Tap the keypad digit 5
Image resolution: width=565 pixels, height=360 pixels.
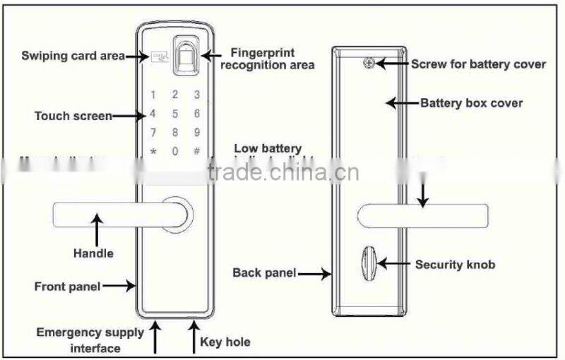pos(174,114)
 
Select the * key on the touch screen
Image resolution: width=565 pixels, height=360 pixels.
pos(153,151)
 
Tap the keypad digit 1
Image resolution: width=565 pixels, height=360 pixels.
pos(153,95)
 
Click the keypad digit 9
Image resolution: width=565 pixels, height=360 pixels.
pos(197,132)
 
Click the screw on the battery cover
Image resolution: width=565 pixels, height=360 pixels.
pos(368,63)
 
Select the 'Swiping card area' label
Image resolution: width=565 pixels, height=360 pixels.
pos(73,55)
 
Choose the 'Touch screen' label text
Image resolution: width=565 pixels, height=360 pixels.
pos(73,115)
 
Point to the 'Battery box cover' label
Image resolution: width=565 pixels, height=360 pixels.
pos(471,103)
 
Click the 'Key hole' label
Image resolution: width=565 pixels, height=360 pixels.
pos(225,342)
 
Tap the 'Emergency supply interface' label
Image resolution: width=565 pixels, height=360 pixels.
pos(90,339)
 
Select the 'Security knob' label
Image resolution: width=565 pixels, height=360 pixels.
pos(454,265)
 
